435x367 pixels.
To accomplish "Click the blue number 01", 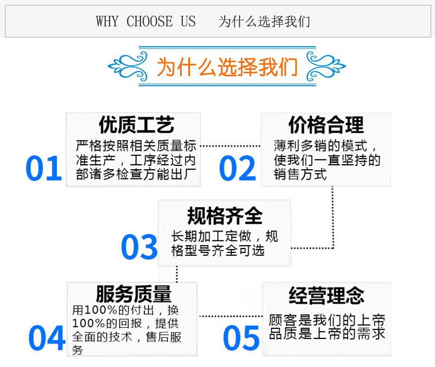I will point(44,169).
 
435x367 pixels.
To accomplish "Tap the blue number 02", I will point(237,169).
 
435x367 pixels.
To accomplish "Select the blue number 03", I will point(139,247).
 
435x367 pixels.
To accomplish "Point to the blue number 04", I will point(47,338).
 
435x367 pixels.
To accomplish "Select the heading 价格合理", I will point(326,125).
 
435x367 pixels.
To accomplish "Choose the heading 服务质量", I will point(134,294).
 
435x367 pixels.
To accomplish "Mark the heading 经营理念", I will point(327,296).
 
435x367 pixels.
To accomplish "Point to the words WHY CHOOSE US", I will point(146,21).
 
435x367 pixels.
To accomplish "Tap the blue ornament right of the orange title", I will point(326,66).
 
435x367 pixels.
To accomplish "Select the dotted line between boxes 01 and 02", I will point(230,146).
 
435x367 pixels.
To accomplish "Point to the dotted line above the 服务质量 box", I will point(177,274).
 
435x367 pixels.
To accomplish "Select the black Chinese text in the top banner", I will point(264,21).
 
